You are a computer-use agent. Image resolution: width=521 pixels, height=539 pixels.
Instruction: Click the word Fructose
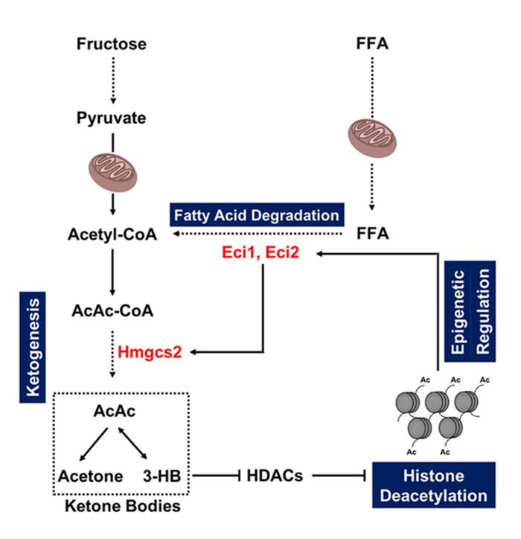pyautogui.click(x=112, y=44)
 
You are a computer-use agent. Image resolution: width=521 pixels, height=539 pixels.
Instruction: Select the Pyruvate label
pyautogui.click(x=112, y=118)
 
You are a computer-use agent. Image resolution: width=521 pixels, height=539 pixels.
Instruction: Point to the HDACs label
pyautogui.click(x=274, y=475)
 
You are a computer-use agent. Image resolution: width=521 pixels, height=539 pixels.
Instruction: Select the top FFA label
pyautogui.click(x=371, y=44)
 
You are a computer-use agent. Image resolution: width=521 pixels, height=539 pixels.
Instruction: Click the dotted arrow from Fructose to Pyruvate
pyautogui.click(x=112, y=80)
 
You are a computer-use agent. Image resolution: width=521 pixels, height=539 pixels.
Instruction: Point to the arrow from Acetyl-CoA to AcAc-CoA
pyautogui.click(x=112, y=273)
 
